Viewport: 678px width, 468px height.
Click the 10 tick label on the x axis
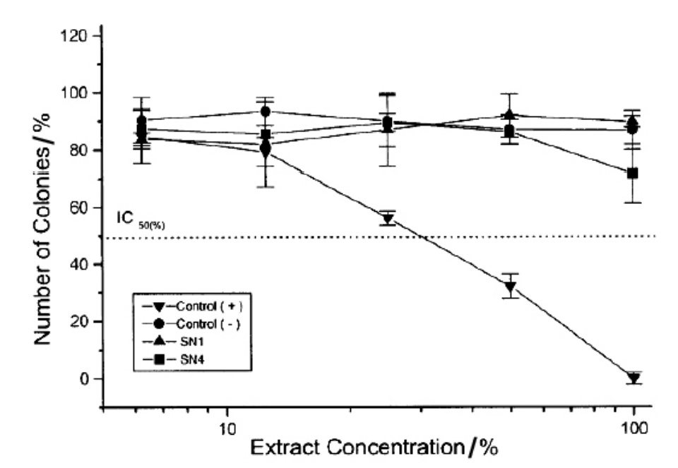(x=227, y=427)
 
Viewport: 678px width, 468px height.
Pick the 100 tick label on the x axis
(x=634, y=427)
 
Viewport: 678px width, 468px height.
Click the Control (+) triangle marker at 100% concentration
(x=634, y=378)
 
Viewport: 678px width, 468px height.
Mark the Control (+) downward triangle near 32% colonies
(x=510, y=287)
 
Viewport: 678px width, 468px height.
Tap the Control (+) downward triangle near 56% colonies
(x=387, y=219)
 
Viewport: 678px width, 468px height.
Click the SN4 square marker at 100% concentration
(x=634, y=173)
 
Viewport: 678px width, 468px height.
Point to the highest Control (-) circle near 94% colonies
(x=266, y=112)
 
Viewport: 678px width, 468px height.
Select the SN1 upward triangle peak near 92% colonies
(x=510, y=116)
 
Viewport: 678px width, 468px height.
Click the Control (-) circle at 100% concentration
(x=634, y=128)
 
